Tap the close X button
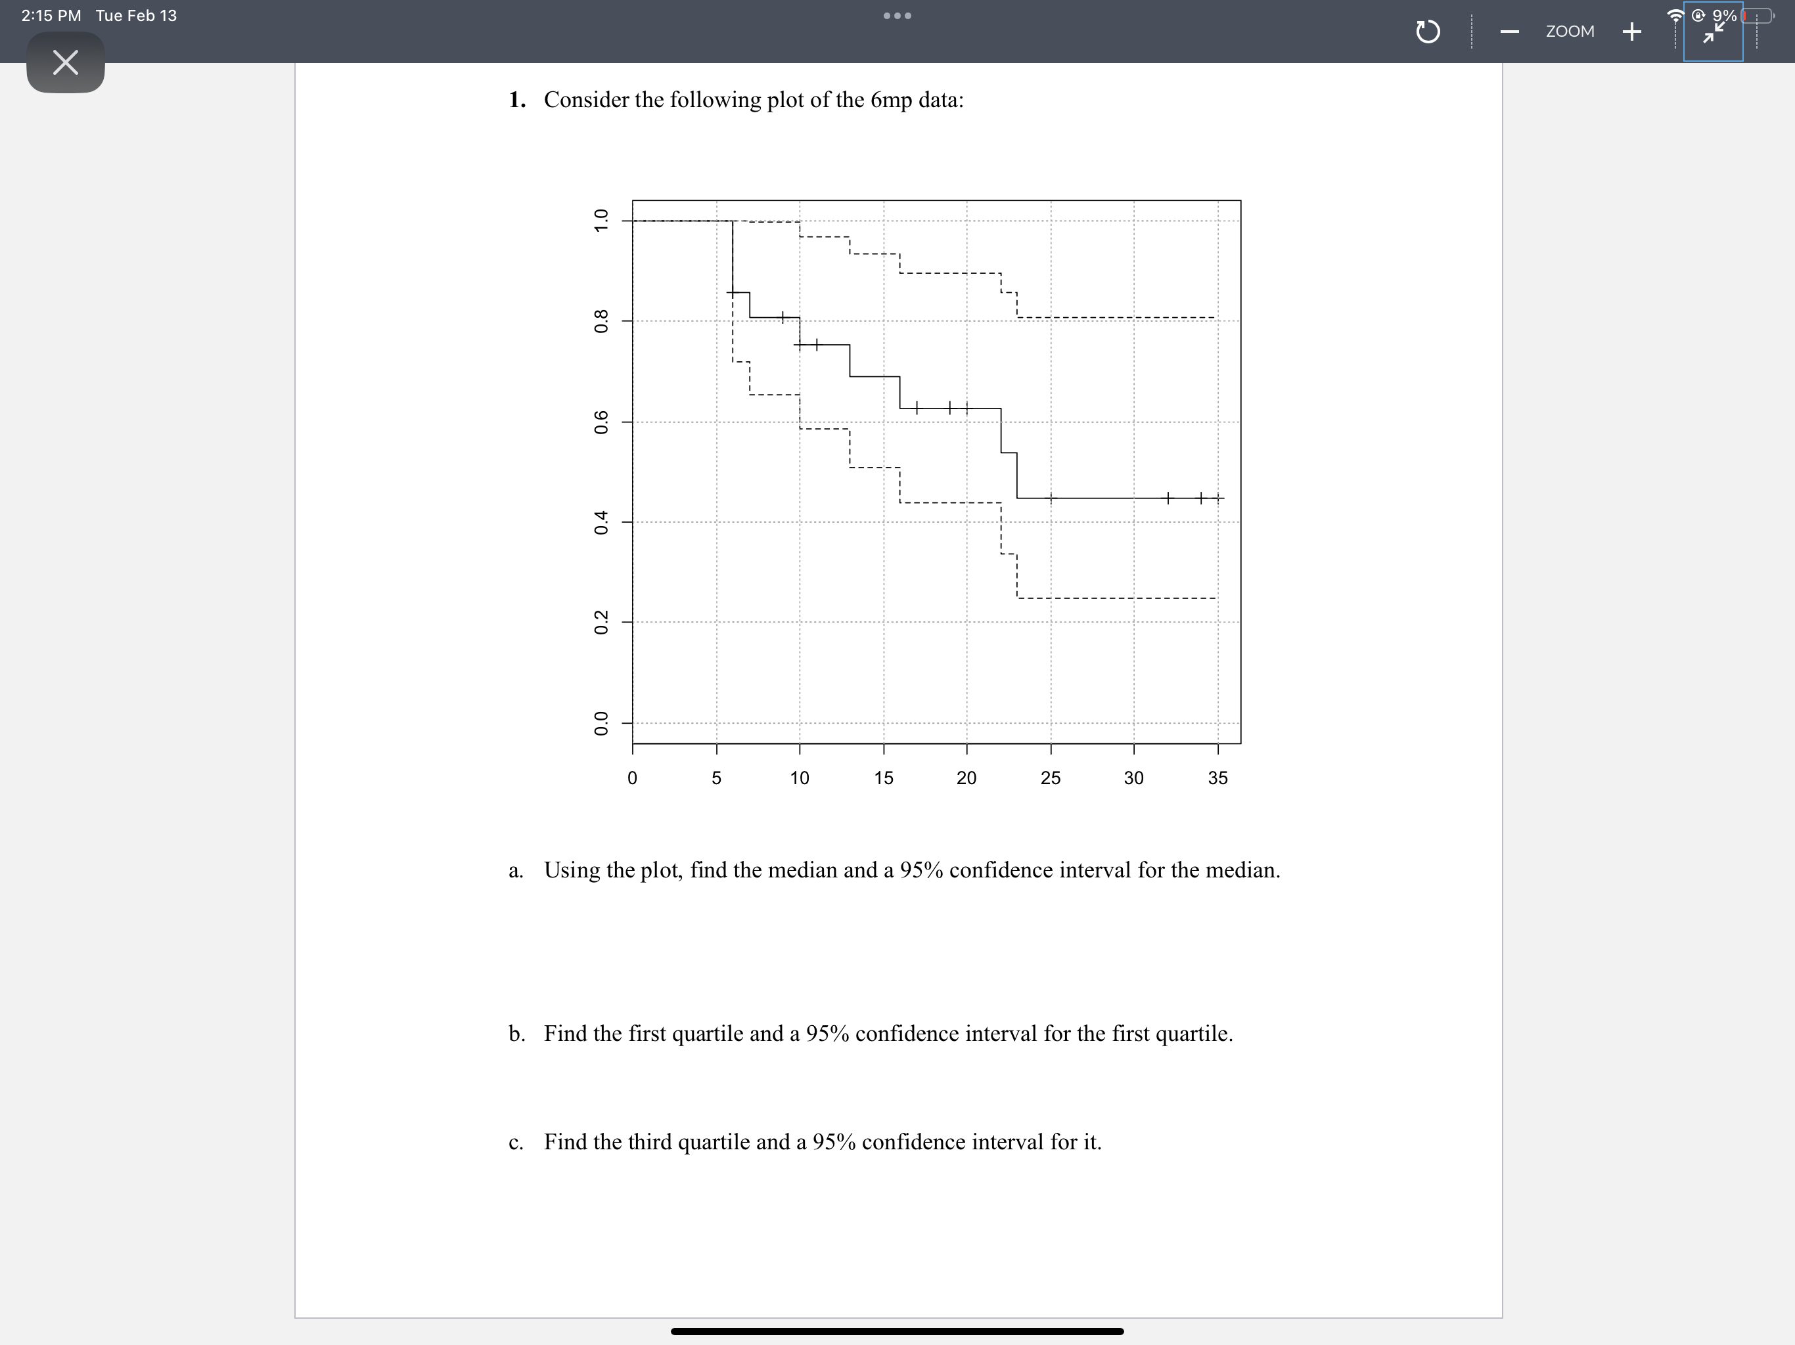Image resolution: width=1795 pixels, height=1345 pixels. [x=65, y=62]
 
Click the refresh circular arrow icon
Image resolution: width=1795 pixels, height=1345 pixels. [x=1428, y=32]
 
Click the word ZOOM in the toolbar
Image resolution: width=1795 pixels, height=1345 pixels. [x=1570, y=32]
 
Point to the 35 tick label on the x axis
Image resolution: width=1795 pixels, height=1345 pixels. [x=1217, y=778]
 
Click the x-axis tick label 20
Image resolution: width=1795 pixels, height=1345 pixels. [x=966, y=778]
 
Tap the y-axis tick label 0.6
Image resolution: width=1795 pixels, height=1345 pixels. [x=601, y=422]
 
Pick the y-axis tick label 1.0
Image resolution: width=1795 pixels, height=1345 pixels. [x=601, y=221]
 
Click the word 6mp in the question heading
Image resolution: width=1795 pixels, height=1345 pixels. [x=891, y=100]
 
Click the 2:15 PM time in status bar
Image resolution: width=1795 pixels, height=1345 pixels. [x=51, y=15]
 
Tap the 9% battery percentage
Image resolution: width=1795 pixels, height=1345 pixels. [x=1725, y=15]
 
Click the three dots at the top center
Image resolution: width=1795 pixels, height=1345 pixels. [x=897, y=15]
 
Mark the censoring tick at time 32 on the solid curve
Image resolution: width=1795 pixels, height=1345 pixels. [x=1167, y=497]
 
